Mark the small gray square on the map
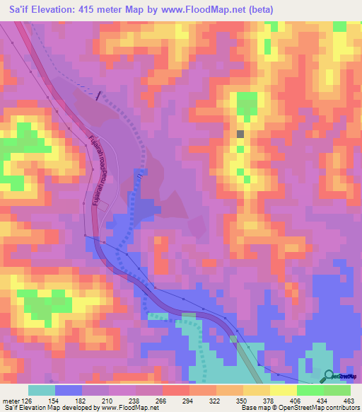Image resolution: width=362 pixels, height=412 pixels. click(240, 133)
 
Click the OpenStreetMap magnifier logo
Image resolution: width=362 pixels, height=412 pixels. click(329, 376)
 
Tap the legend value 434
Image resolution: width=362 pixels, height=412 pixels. click(322, 400)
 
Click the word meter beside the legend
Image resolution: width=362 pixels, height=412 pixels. click(11, 400)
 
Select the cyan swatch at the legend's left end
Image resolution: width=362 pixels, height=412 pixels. click(42, 390)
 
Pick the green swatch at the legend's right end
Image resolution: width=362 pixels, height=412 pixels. click(337, 390)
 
